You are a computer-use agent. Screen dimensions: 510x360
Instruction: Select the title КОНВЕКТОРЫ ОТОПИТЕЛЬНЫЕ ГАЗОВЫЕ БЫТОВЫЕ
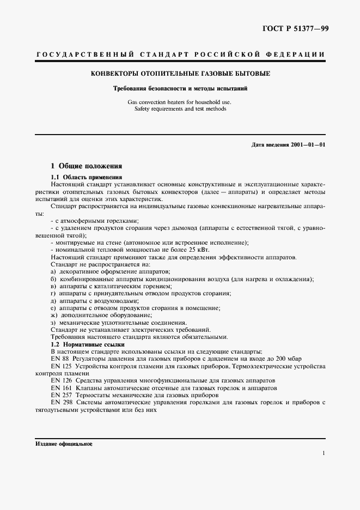pyautogui.click(x=180, y=73)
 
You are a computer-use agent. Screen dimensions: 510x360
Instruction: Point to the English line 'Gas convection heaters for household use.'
pyautogui.click(x=180, y=102)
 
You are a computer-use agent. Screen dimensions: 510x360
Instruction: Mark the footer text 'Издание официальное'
pyautogui.click(x=64, y=444)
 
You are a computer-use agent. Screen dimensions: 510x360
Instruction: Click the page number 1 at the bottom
pyautogui.click(x=324, y=453)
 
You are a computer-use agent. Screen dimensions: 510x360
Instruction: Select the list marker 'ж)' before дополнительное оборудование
pyautogui.click(x=53, y=315)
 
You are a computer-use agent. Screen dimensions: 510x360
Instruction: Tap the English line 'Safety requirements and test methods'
pyautogui.click(x=180, y=108)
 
